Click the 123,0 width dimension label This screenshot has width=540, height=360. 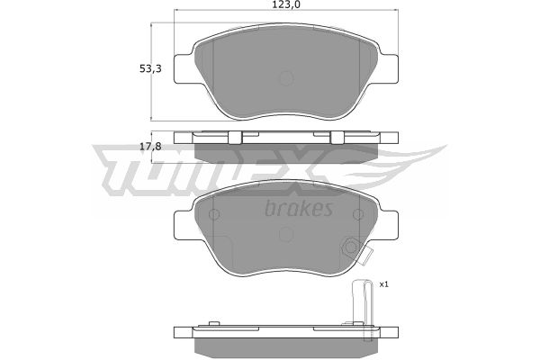click(x=286, y=4)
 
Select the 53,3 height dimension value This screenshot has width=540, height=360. click(x=150, y=69)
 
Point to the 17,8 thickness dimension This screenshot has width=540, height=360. click(x=150, y=147)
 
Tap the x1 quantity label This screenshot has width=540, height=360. click(x=383, y=284)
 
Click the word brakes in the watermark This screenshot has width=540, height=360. click(x=299, y=208)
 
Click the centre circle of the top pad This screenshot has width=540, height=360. click(x=286, y=78)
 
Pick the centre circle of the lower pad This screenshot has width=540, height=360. click(x=286, y=234)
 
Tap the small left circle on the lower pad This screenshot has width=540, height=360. click(x=214, y=214)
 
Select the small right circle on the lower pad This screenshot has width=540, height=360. click(x=358, y=214)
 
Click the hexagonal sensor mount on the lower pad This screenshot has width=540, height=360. click(x=351, y=247)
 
